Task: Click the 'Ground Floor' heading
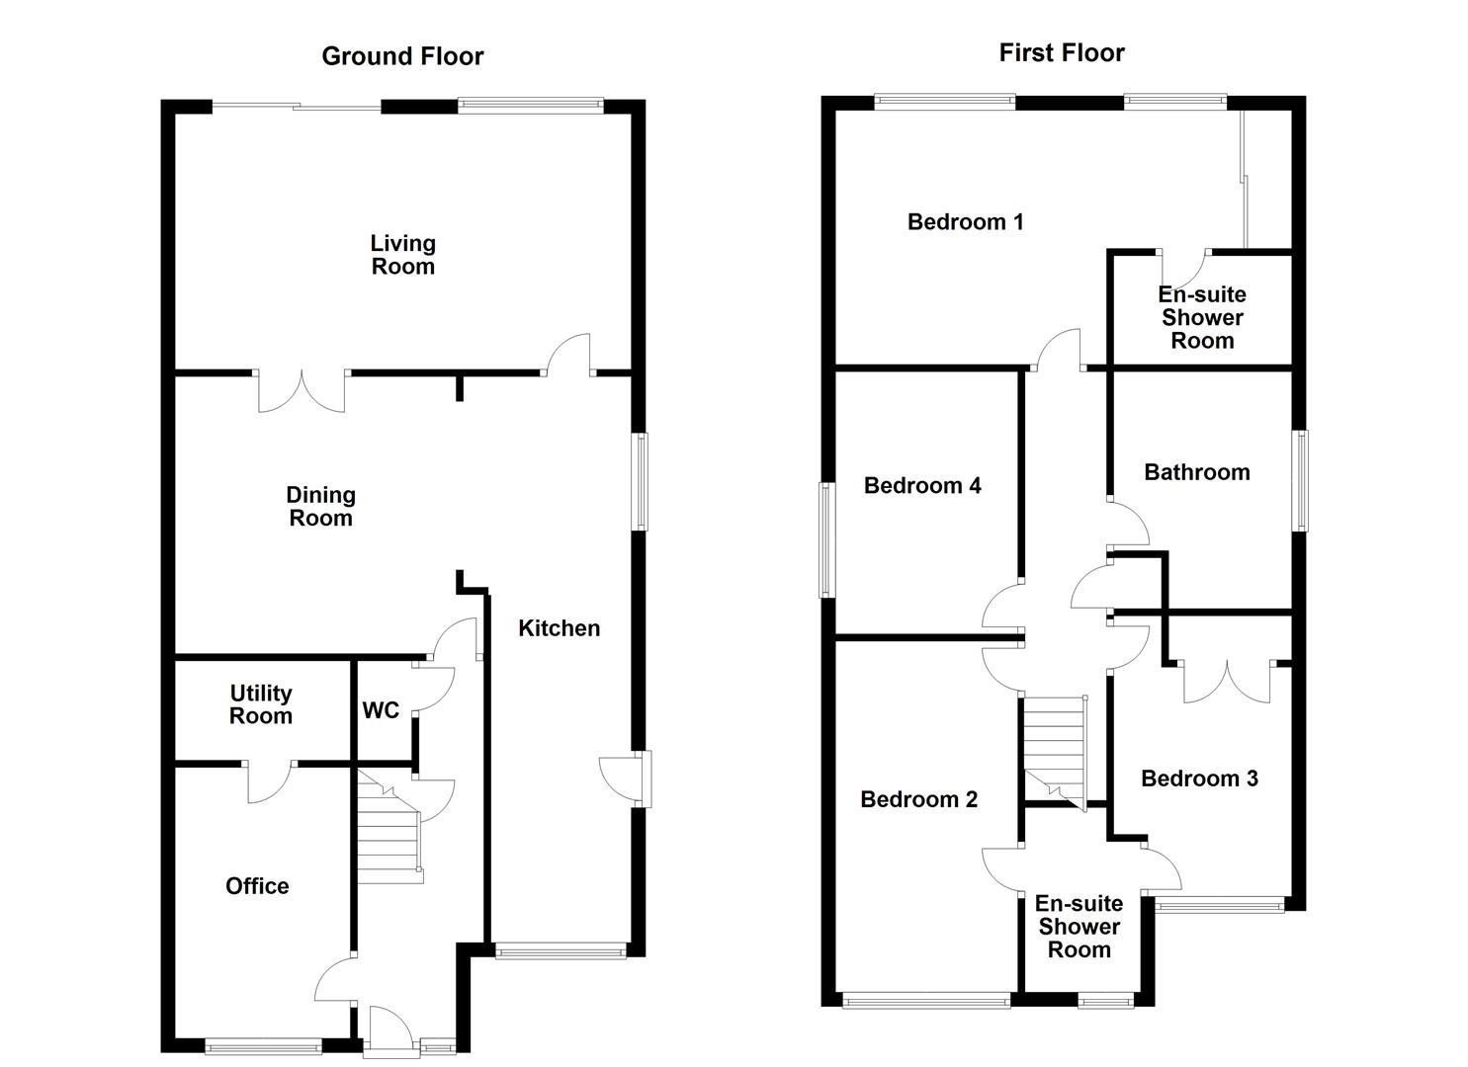[x=402, y=56]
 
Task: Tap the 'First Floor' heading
[x=1061, y=52]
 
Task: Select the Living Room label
[x=402, y=255]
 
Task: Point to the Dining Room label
[x=320, y=507]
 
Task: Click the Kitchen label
[x=559, y=628]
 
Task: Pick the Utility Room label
[x=261, y=704]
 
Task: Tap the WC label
[x=381, y=710]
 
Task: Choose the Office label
[x=257, y=886]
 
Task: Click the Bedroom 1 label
[x=965, y=222]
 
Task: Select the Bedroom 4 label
[x=922, y=485]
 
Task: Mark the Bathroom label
[x=1196, y=472]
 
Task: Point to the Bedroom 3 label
[x=1199, y=779]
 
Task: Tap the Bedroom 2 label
[x=918, y=799]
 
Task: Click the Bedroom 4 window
[x=826, y=539]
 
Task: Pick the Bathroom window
[x=1301, y=480]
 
